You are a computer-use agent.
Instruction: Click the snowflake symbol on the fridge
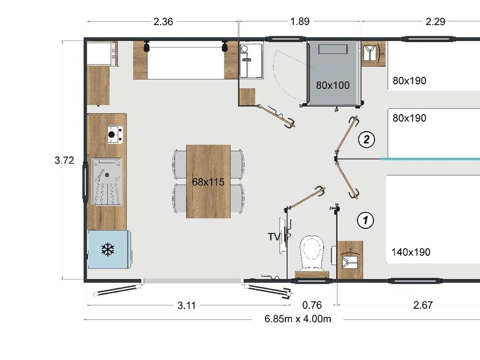coord(108,250)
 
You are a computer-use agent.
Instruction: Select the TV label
coord(274,237)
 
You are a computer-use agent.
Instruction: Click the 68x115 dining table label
coord(208,182)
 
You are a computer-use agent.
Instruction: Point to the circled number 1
coord(365,220)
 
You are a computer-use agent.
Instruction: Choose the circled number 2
coord(366,140)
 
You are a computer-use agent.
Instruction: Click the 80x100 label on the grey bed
coord(333,85)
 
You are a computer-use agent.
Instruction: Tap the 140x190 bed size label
coord(411,252)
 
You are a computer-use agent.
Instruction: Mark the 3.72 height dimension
coord(65,160)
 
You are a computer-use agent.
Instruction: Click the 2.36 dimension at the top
coord(163,22)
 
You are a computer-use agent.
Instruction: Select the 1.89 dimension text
coord(300,21)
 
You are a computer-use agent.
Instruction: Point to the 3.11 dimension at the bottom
coord(187,305)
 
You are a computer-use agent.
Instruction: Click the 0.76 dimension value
coord(312,305)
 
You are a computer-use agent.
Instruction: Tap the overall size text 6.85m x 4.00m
coord(298,319)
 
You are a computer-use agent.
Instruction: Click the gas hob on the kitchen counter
coord(115,135)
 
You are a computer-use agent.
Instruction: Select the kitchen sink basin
coord(107,181)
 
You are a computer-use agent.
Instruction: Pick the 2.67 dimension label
coord(423,305)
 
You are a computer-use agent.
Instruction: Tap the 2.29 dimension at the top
coord(435,21)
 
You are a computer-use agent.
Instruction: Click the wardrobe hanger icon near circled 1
coord(350,260)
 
